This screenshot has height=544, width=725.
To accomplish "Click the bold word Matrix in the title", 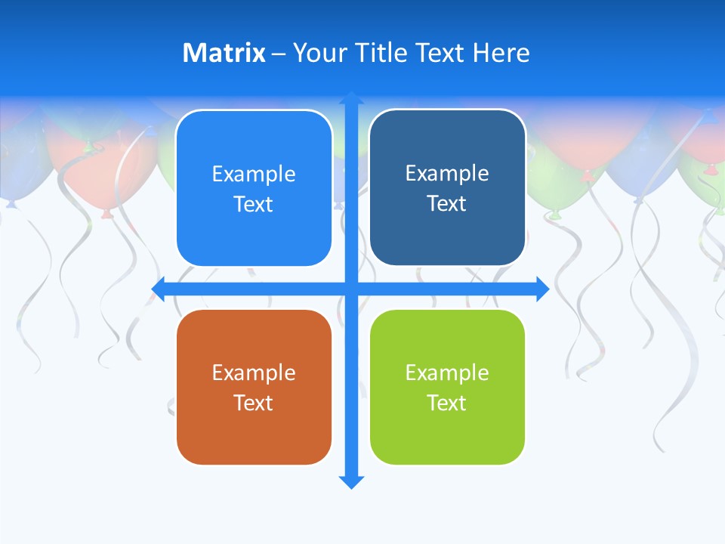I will point(224,53).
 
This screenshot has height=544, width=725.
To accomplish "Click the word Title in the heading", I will point(382,53).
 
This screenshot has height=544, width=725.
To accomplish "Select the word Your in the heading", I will point(318,53).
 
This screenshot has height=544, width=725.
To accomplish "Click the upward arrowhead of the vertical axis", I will point(351,98).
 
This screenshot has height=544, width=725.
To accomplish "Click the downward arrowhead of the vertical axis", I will point(351,481).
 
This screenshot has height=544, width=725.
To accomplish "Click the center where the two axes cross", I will point(351,289).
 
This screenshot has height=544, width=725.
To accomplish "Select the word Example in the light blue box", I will point(254,174).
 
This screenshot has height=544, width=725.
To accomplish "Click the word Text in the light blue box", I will point(254,204).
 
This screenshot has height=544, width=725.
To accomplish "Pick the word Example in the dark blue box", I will point(447,173).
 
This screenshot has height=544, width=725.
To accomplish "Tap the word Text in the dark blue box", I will point(447,203).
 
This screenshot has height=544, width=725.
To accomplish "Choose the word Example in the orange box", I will point(254,372).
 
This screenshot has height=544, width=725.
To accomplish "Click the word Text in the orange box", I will point(254,403).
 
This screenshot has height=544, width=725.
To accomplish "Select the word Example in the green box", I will point(447,372).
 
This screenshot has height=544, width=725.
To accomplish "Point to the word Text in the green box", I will point(447,403).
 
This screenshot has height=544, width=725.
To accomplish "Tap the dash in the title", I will point(279,54).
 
